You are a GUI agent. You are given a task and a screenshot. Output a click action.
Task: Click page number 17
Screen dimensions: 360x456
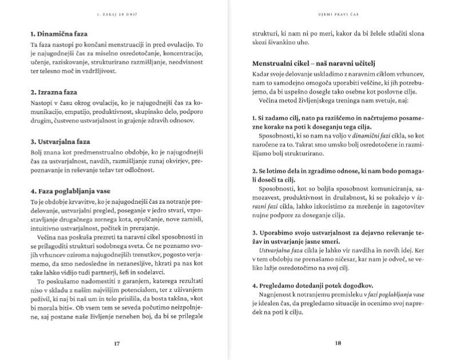[117, 344]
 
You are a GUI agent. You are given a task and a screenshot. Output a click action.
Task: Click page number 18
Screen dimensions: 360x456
[338, 344]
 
